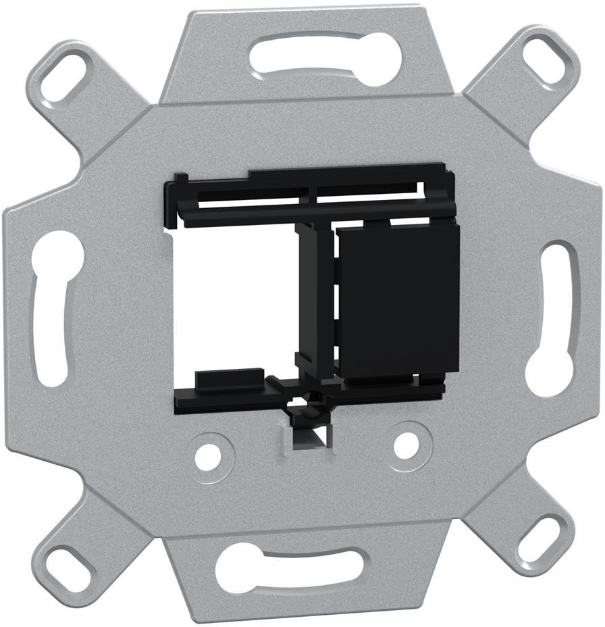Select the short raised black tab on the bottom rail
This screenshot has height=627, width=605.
230,378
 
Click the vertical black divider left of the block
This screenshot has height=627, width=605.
307,297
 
